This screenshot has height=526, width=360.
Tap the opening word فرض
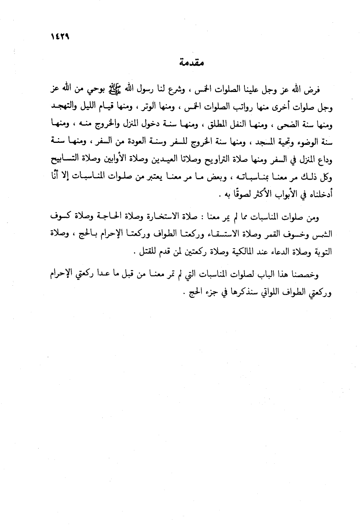(x=313, y=90)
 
